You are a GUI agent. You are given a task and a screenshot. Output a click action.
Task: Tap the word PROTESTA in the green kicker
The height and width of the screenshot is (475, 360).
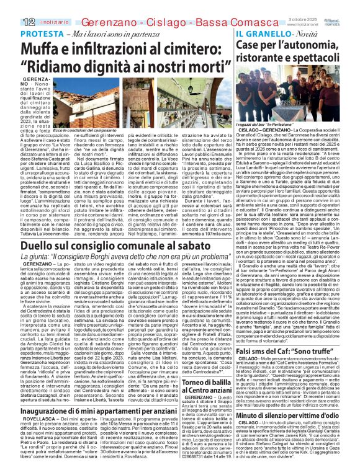click(36, 34)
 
